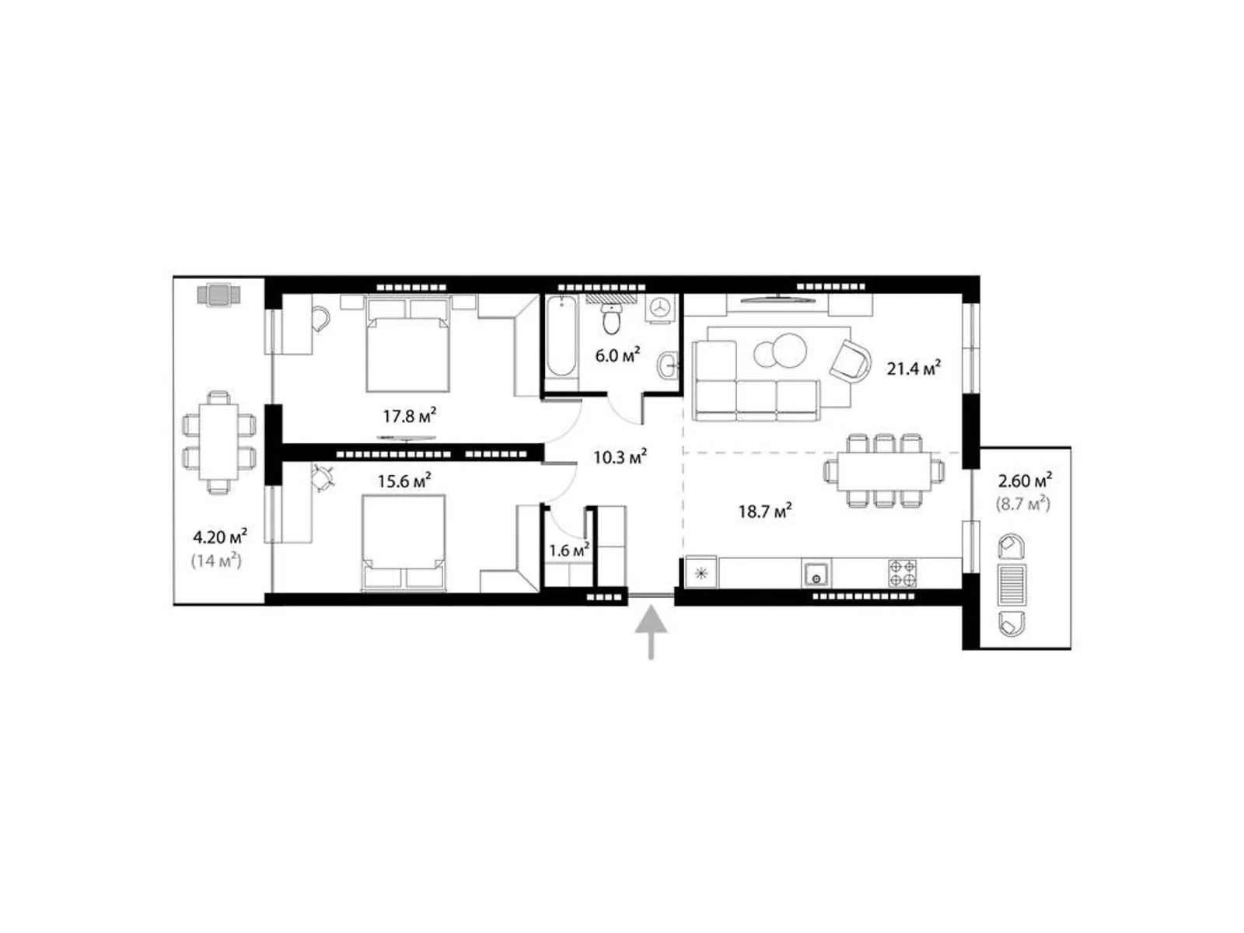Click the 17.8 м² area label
(x=409, y=417)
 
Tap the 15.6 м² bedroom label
(x=404, y=481)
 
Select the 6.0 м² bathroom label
(x=617, y=356)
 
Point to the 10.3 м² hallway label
(x=620, y=456)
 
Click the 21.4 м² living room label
(x=914, y=369)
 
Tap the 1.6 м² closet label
(x=569, y=550)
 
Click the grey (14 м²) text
(x=216, y=561)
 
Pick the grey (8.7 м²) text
(x=1023, y=504)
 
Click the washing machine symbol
(x=662, y=309)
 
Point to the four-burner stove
(x=902, y=573)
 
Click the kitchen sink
(x=816, y=574)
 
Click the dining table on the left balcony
(x=218, y=442)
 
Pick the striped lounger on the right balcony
(x=1012, y=585)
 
